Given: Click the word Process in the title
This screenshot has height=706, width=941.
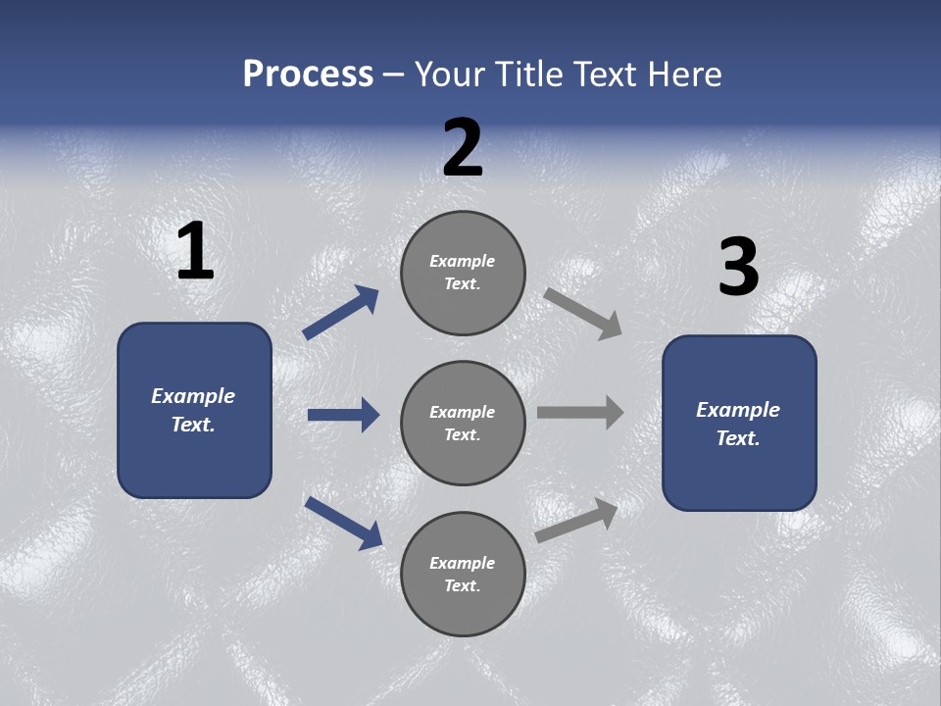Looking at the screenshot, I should pos(308,74).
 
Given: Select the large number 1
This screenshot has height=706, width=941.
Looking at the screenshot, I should pos(195,252).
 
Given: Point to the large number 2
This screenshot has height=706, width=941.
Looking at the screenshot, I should pos(463,148).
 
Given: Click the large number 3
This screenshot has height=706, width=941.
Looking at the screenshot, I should pos(738,267).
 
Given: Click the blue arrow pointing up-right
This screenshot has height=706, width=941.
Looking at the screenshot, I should pos(340,313).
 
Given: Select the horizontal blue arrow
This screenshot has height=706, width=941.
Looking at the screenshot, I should pos(343,415).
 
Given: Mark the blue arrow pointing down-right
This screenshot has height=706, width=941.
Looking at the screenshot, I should pos(343,523).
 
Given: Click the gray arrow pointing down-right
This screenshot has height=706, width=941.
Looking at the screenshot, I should pos(582,313).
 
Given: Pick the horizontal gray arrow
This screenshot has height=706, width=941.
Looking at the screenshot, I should pos(580,413).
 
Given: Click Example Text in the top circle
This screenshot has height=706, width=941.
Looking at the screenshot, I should pos(463,273).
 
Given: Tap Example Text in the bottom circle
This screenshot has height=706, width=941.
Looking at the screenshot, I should pos(463,575).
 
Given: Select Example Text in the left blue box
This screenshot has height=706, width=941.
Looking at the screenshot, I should pos(193,410).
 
